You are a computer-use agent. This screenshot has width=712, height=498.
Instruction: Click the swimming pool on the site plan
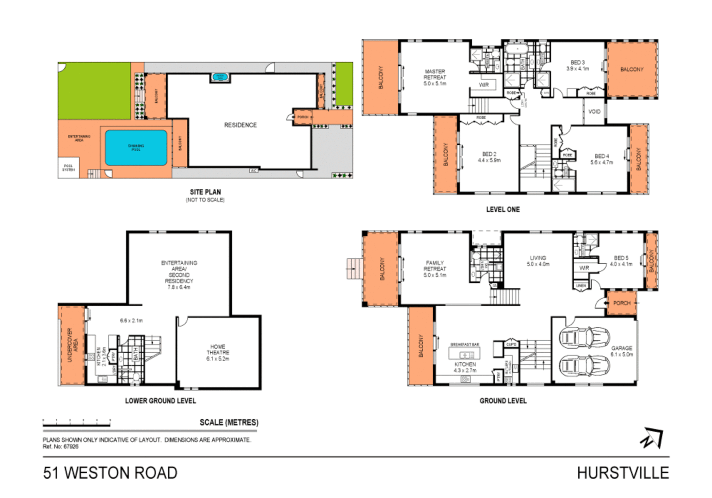pos(136,148)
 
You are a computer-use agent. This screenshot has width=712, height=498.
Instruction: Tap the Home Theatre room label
pos(218,352)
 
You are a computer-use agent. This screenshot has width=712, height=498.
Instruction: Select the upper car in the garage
pos(584,338)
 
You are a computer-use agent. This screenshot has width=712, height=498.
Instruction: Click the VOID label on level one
pos(594,112)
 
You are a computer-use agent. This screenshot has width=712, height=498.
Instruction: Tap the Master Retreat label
pos(435,77)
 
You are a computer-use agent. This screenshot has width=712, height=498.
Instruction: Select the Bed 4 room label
pos(602,159)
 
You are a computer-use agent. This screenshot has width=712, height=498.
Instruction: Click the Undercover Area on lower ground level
pos(72,345)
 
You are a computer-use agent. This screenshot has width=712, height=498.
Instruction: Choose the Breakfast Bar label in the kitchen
pos(465,344)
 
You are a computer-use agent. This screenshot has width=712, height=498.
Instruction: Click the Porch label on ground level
pos(622,303)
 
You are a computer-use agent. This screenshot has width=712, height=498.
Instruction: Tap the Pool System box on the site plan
pos(68,168)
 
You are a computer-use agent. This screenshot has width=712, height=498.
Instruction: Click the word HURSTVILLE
pos(622,473)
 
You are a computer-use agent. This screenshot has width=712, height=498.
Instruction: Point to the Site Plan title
pos(205,192)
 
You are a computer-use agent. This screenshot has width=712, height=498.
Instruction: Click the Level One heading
pos(503,209)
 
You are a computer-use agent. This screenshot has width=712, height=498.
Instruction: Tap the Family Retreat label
pos(435,269)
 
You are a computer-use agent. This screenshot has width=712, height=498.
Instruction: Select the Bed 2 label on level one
pos(489,157)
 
